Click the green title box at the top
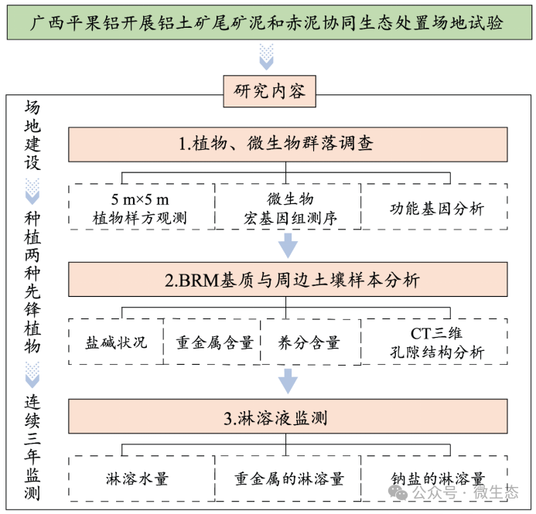[269, 22]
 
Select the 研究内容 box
[269, 91]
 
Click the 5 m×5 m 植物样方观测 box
[142, 206]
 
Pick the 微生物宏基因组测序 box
[288, 206]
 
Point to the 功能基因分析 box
[434, 206]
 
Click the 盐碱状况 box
[116, 342]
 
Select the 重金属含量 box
[212, 342]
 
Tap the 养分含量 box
[311, 342]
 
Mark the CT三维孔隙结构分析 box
[434, 342]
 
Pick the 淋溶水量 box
[142, 478]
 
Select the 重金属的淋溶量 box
[288, 478]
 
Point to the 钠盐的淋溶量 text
[438, 478]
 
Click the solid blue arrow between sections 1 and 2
[288, 245]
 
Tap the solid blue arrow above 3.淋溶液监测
[288, 381]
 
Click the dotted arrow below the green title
[266, 56]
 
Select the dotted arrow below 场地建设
[32, 191]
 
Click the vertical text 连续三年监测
[32, 448]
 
